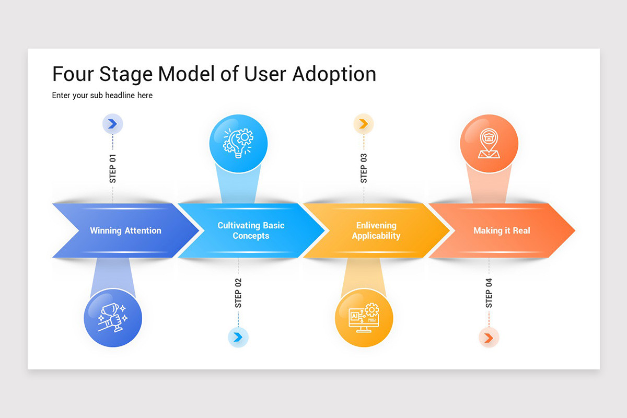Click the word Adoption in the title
[334, 74]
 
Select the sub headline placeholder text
[102, 96]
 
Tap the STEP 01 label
[113, 168]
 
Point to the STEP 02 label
[238, 293]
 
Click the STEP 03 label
[364, 168]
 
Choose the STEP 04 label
[489, 293]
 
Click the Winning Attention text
[125, 230]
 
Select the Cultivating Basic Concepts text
[251, 230]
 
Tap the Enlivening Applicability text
[376, 230]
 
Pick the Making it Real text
[502, 230]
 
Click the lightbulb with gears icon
[238, 141]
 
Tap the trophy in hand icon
[113, 318]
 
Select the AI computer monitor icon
[364, 318]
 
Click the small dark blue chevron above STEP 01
[112, 124]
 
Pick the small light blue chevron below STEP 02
[238, 337]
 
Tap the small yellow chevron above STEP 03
[364, 124]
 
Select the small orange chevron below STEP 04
[489, 338]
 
